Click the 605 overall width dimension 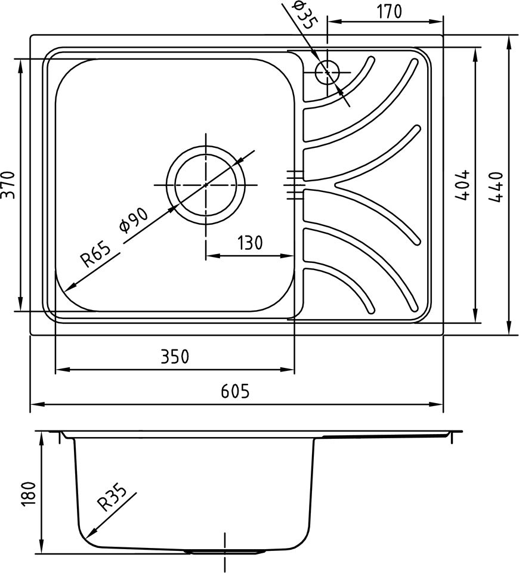click(236, 391)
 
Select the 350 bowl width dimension click(175, 357)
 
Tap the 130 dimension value click(249, 243)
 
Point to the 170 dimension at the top click(389, 12)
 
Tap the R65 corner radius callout click(95, 255)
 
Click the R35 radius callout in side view click(112, 498)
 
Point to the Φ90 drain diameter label click(134, 221)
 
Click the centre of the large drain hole click(206, 185)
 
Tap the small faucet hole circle click(327, 72)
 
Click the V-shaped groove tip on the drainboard click(335, 185)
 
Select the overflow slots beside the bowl click(294, 185)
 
